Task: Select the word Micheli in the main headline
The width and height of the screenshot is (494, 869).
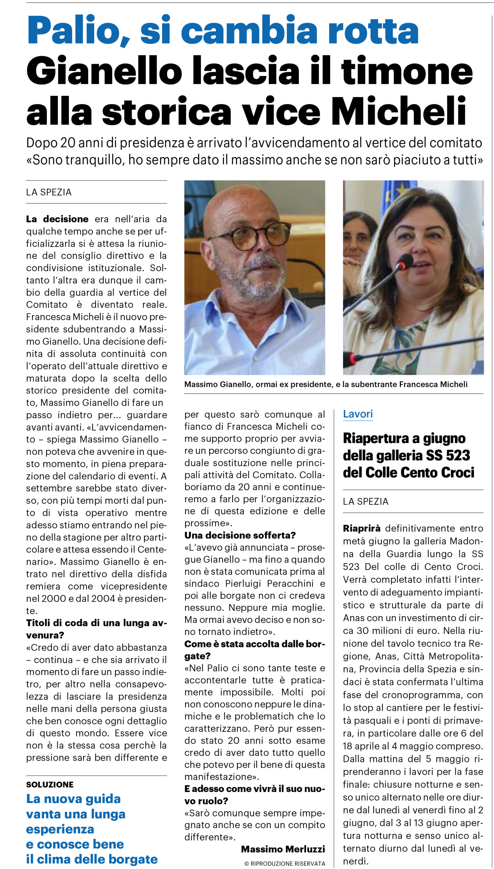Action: (398, 111)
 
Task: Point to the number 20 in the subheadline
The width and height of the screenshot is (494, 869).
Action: (67, 143)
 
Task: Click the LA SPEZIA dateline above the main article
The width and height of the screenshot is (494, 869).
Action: (49, 192)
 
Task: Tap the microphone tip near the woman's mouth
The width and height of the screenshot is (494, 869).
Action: (406, 261)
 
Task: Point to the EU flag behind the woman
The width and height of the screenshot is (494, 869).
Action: (394, 194)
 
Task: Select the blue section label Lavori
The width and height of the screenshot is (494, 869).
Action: (358, 413)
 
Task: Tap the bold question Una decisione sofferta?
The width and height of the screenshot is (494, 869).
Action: (240, 535)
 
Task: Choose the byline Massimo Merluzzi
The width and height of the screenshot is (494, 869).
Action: (283, 849)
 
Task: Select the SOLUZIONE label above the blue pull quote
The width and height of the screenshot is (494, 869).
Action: (50, 784)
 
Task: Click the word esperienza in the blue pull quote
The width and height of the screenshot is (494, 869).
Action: (60, 829)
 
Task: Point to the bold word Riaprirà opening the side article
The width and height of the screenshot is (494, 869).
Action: (362, 529)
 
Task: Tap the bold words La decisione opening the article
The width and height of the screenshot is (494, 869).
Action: (57, 219)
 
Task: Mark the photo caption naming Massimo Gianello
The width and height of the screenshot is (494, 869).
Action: (326, 384)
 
